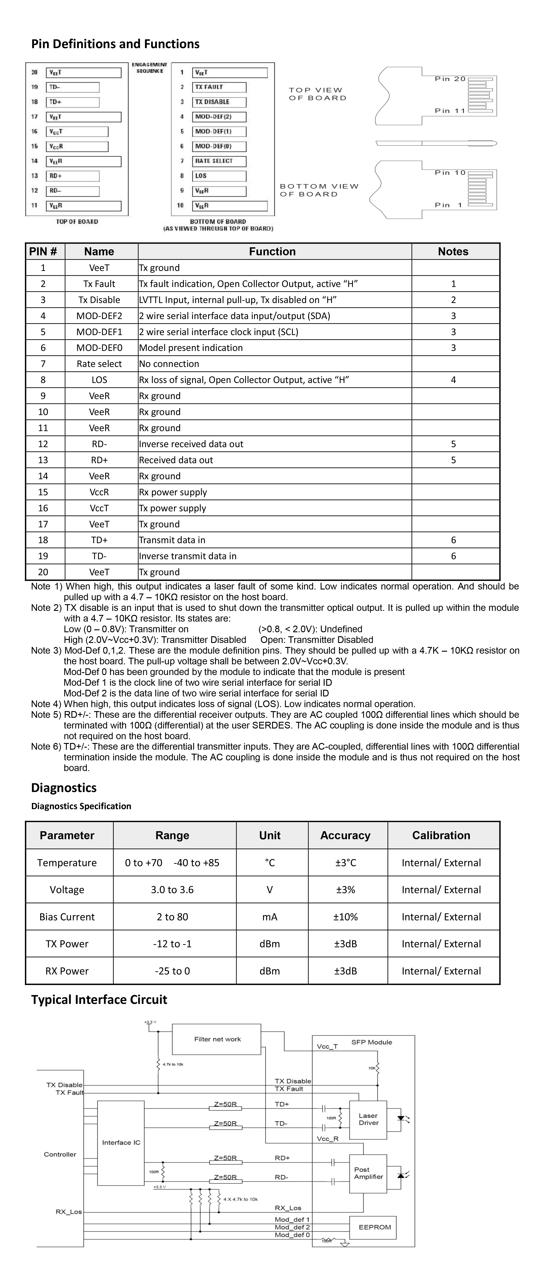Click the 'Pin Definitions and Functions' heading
115,44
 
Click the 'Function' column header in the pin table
272,252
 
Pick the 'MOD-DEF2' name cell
99,316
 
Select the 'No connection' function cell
169,364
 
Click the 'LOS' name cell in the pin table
99,380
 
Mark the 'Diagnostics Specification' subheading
81,806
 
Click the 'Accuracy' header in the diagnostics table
345,836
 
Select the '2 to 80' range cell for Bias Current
172,917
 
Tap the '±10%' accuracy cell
345,917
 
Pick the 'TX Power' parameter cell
67,944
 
